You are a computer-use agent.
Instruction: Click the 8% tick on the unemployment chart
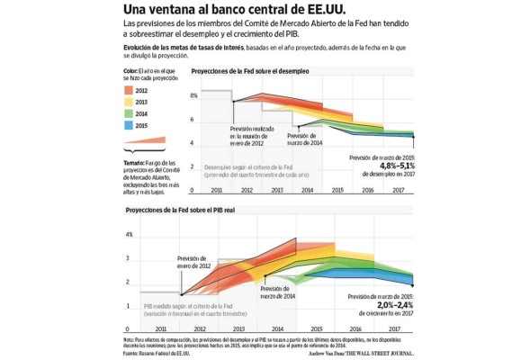click(x=193, y=94)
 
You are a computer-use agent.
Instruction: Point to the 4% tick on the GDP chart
click(x=130, y=235)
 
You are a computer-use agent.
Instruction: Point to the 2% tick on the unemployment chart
click(x=193, y=166)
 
